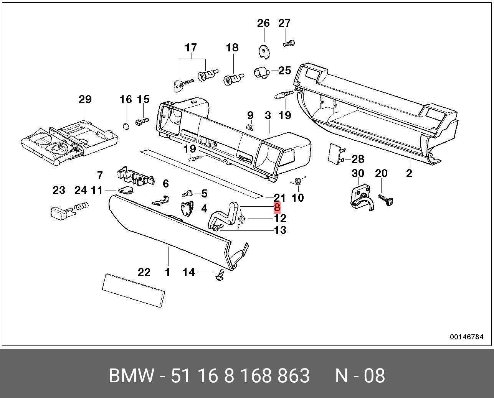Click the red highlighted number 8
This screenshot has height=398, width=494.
(x=277, y=207)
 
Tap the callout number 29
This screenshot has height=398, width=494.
(x=85, y=99)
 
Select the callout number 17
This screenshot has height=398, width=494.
(x=191, y=48)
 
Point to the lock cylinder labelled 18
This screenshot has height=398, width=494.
(x=233, y=79)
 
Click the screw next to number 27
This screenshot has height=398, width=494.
(x=289, y=43)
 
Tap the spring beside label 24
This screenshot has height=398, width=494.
(x=81, y=206)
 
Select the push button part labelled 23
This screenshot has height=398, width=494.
(x=62, y=212)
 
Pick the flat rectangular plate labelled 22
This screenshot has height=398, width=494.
(x=134, y=290)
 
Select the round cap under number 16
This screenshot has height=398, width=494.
(x=126, y=126)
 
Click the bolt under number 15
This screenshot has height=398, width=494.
(x=142, y=122)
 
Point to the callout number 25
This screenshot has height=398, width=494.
(x=285, y=71)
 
